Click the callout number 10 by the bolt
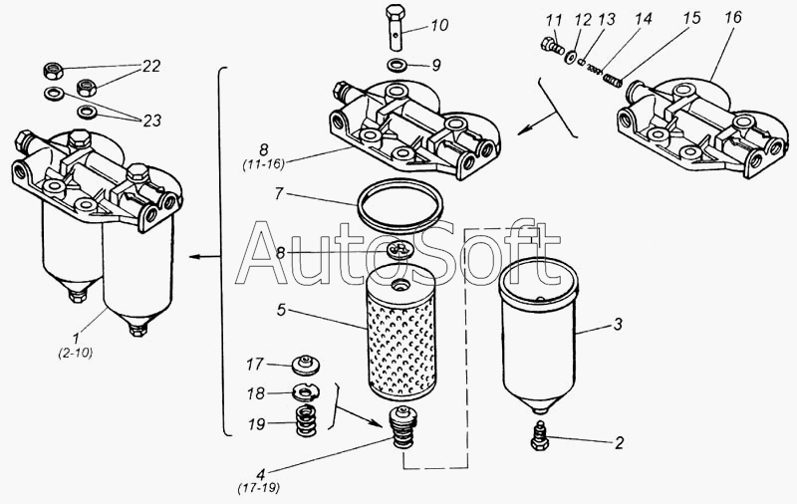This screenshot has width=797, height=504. coord(439,25)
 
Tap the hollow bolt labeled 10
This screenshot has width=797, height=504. coord(396,28)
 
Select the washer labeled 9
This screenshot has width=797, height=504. coord(397,65)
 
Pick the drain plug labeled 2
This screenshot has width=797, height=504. coord(539,436)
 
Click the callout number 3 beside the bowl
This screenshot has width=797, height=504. coord(618,324)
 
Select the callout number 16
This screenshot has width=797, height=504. coord(733,17)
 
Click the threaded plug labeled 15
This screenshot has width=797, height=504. coord(613,80)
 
